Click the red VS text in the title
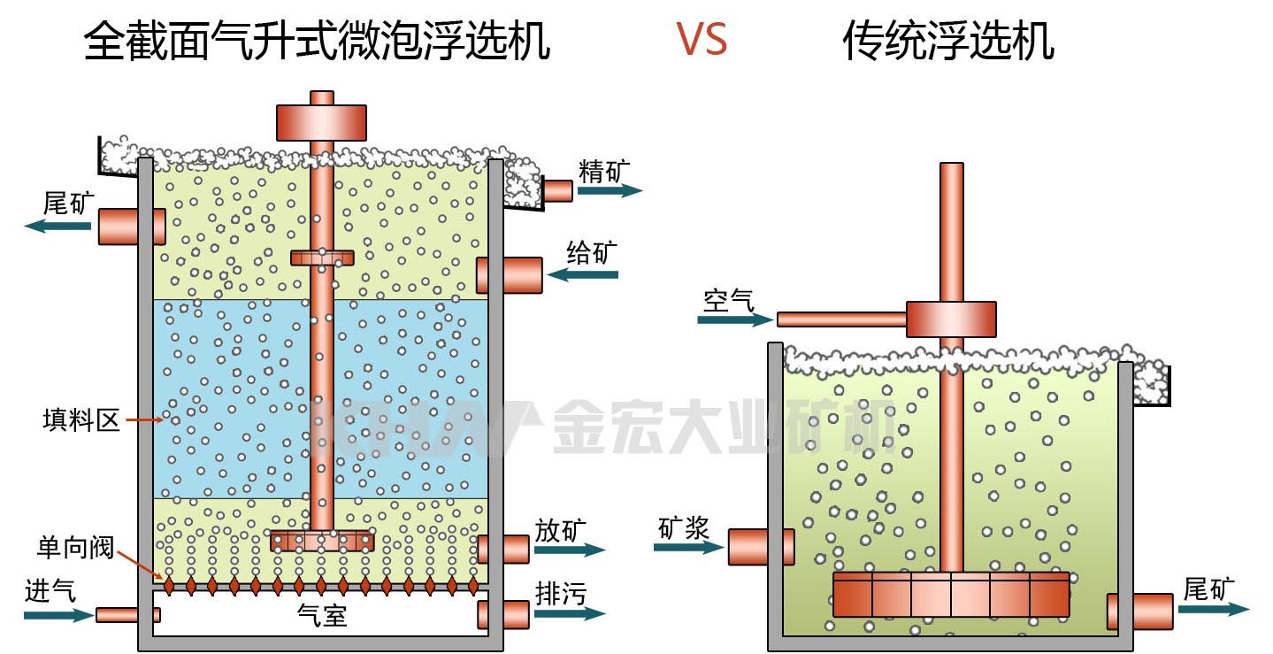click(702, 39)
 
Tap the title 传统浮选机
click(947, 41)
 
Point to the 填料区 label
click(81, 419)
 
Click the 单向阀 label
click(75, 547)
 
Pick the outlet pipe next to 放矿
click(503, 549)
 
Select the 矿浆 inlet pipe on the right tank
click(760, 546)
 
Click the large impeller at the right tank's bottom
click(951, 594)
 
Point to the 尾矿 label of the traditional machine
click(1208, 588)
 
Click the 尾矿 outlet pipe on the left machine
click(130, 226)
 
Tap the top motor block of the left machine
click(321, 122)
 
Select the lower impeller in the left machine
click(322, 540)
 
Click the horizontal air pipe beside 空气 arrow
click(841, 319)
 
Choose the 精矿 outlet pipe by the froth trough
click(557, 190)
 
